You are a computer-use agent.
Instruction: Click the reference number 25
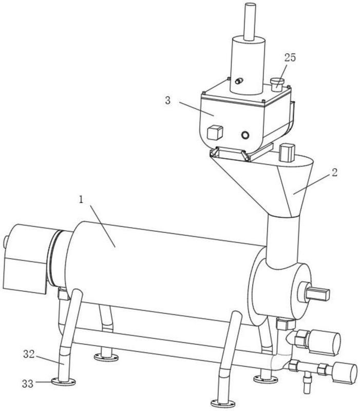pos(290,58)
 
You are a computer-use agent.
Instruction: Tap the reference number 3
pos(168,100)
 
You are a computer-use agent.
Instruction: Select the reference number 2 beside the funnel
pos(334,173)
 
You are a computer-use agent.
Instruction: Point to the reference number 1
pos(81,200)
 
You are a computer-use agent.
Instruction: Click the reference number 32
pos(29,354)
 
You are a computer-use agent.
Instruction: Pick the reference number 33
pos(28,384)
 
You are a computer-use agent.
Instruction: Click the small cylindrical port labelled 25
pos(277,84)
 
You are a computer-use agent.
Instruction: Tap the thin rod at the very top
pos(250,22)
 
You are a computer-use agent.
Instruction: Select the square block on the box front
pos(215,133)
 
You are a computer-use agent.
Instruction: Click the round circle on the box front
pos(245,135)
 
